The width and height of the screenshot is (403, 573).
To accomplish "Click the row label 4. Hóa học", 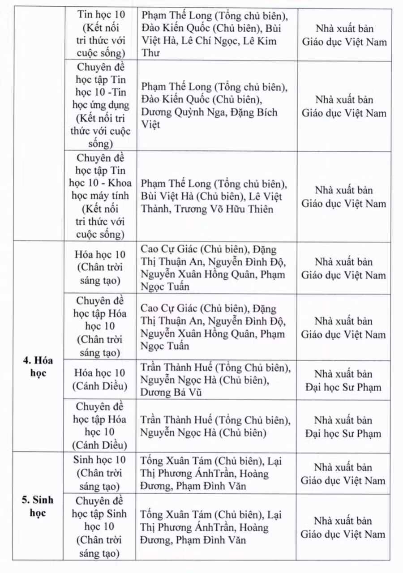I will (38, 366).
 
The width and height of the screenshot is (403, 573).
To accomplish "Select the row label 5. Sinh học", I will (38, 506).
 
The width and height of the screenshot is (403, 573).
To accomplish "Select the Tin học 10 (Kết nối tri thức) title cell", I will (101, 34).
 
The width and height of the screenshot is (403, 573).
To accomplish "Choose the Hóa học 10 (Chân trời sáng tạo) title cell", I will (101, 268).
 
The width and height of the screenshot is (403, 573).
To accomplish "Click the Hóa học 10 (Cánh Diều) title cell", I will (101, 379).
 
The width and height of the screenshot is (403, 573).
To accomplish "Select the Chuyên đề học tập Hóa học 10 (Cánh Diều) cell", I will (101, 426).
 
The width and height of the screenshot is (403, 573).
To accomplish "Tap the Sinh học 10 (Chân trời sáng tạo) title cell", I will (101, 473).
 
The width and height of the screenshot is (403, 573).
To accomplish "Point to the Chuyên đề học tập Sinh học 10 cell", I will (101, 526).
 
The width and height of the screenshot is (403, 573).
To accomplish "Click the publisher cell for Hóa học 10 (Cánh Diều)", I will (343, 380).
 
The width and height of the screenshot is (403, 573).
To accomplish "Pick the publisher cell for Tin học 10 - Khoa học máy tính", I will (343, 197).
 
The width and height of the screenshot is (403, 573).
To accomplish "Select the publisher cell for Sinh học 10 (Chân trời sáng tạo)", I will (343, 474).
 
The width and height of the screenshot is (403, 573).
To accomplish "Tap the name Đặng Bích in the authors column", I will (253, 112).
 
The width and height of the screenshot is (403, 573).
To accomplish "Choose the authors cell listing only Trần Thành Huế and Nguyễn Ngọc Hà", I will (215, 427).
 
